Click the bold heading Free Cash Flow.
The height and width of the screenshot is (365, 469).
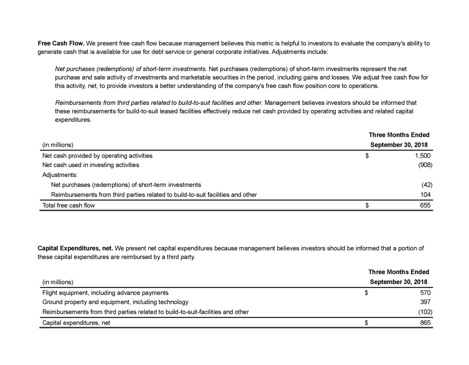[x=61, y=43]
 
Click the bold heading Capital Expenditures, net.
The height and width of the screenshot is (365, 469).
[x=75, y=248]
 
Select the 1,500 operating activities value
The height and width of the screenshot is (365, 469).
[x=423, y=156]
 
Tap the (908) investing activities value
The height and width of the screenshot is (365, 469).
[x=425, y=165]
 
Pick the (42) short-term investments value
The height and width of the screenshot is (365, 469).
[x=427, y=185]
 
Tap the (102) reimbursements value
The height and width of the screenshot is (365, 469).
[x=425, y=312]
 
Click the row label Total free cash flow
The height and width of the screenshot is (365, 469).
[x=68, y=205]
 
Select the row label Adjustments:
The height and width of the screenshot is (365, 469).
[x=60, y=175]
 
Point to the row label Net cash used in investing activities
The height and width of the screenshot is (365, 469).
[x=91, y=165]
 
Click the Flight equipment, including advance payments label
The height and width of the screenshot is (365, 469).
[x=106, y=293]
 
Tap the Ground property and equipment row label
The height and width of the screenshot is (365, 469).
[x=115, y=302]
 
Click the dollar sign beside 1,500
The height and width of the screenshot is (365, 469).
[x=367, y=156]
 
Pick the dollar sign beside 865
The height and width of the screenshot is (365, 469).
[x=367, y=323]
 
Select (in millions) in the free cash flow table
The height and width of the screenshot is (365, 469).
[x=57, y=145]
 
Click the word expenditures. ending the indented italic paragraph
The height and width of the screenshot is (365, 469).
[x=73, y=120]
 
